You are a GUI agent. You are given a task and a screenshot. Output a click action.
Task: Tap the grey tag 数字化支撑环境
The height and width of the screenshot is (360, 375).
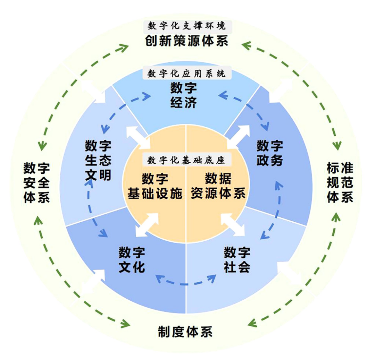186,26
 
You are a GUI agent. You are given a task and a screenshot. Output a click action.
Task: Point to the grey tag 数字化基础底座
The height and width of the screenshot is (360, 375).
186,161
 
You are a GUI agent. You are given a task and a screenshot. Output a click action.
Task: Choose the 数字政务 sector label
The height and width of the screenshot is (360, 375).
270,153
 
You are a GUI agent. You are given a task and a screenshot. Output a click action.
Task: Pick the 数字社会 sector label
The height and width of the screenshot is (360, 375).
237,260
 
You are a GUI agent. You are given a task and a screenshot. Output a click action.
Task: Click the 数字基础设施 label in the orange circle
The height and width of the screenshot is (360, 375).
155,186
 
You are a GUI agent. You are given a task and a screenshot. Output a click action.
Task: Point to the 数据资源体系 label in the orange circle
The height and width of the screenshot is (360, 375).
218,186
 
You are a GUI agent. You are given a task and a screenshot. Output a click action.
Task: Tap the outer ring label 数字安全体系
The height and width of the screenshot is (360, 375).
36,183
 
